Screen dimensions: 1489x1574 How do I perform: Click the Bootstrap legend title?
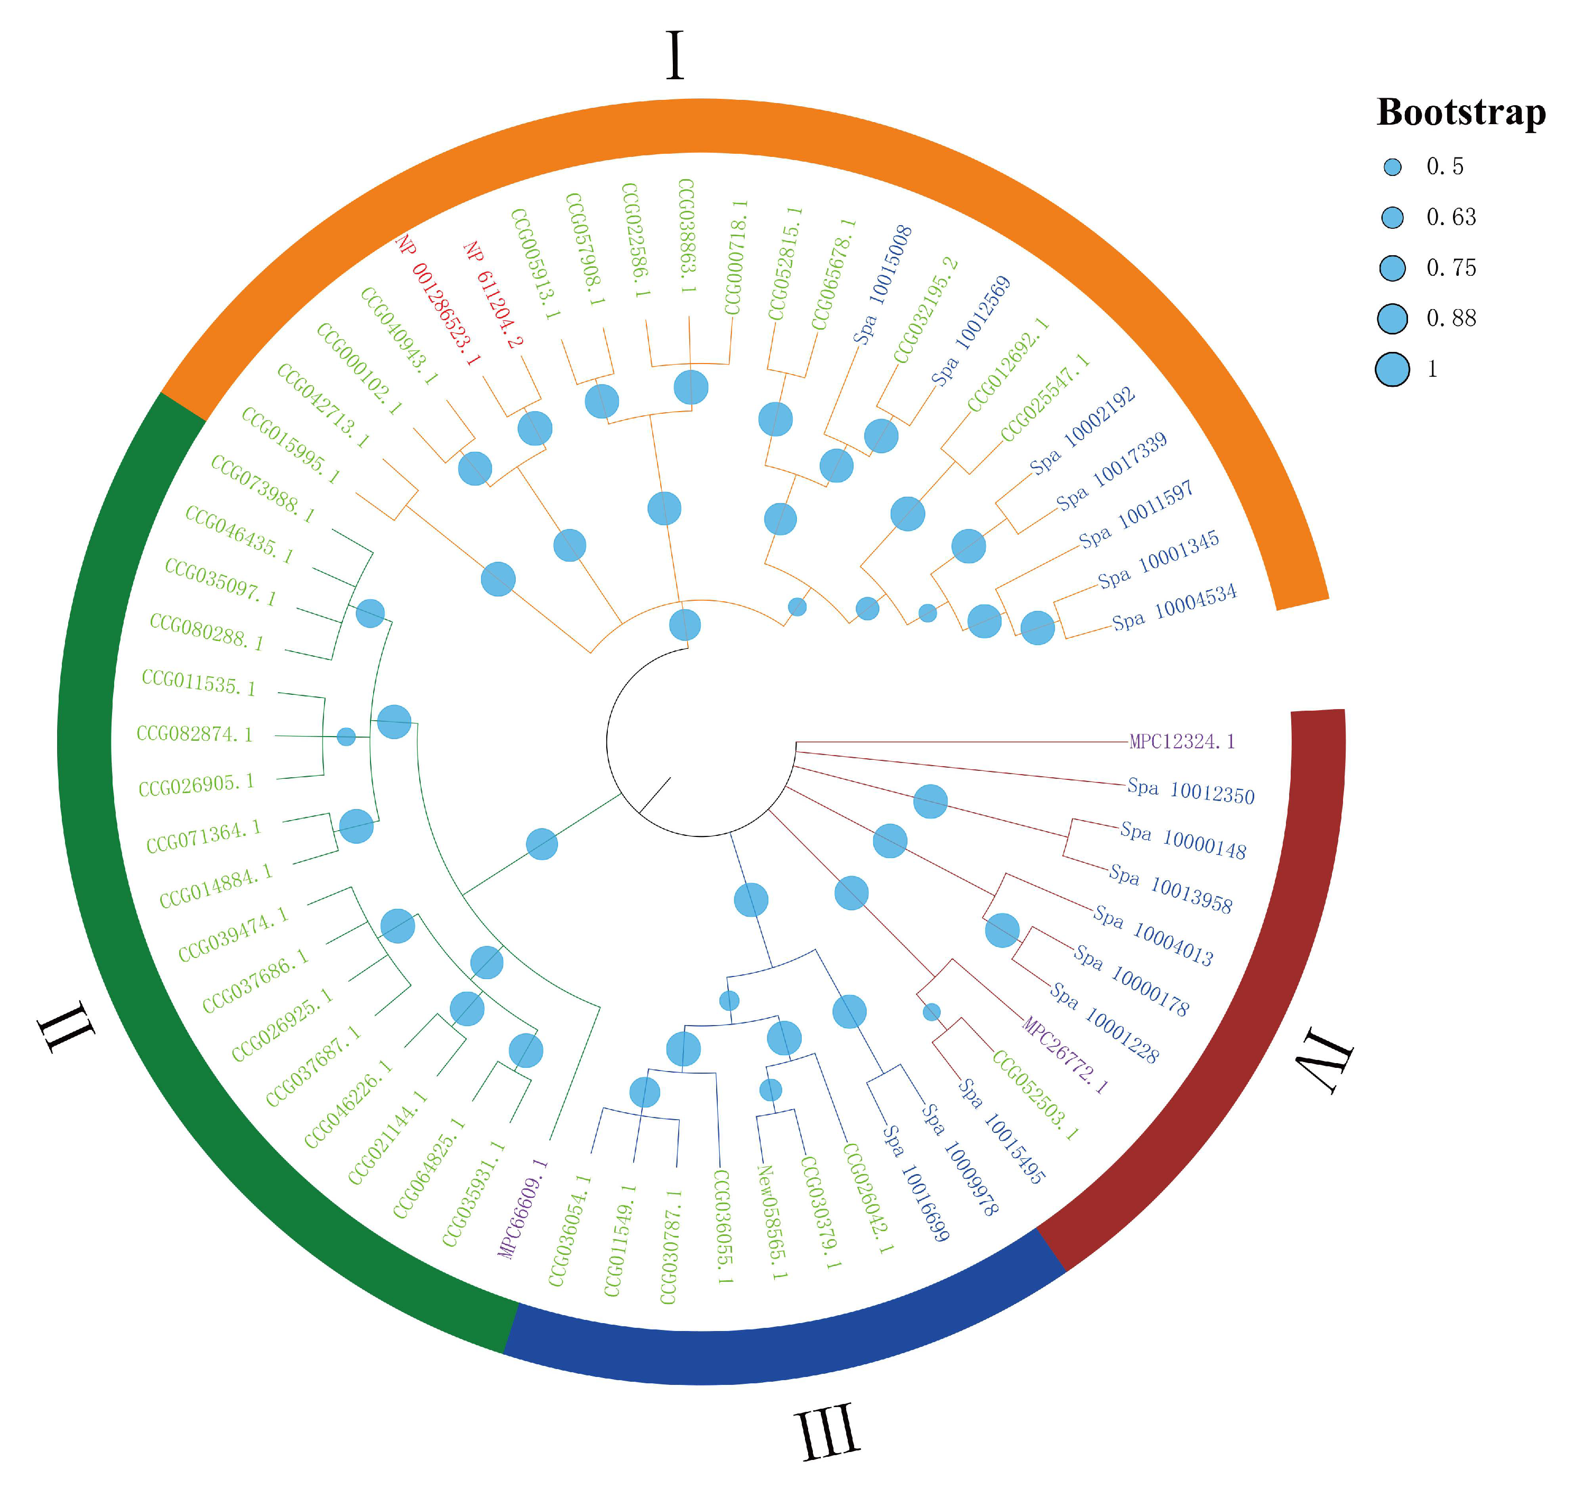click(x=1460, y=112)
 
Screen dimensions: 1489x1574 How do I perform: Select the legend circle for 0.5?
click(x=1392, y=166)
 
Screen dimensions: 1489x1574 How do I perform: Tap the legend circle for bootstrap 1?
click(x=1392, y=369)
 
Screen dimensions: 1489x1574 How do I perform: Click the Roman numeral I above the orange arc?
click(x=675, y=55)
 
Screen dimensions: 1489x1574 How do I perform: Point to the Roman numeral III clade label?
click(x=827, y=1430)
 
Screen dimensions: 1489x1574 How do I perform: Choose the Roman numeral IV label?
click(x=1324, y=1061)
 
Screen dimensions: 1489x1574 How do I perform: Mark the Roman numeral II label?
click(x=67, y=1027)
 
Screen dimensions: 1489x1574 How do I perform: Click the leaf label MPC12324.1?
click(x=1182, y=742)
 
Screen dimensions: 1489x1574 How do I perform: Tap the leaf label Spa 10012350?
click(x=1191, y=792)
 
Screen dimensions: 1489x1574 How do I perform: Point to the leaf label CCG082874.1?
click(x=195, y=734)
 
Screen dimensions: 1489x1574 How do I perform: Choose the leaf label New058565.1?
click(x=772, y=1222)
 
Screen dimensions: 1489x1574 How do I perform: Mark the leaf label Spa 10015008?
click(x=883, y=284)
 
